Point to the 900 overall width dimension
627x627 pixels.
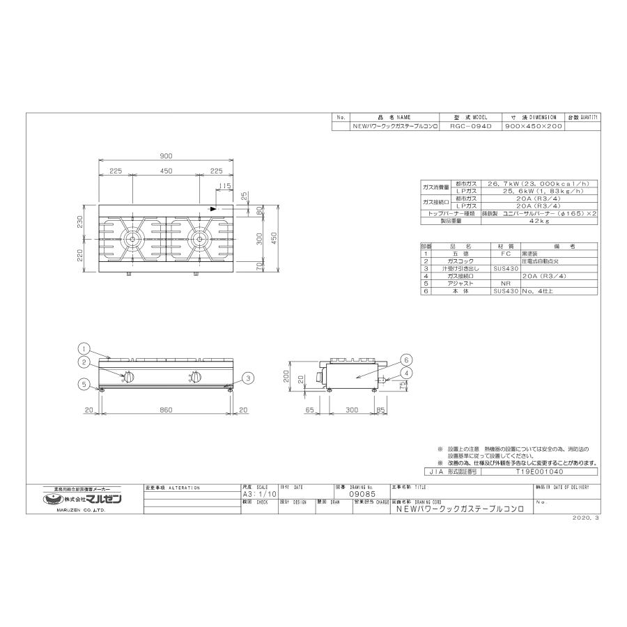(x=165, y=156)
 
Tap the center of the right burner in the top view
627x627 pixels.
(x=199, y=241)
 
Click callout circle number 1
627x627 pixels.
(x=82, y=348)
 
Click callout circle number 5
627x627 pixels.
(x=82, y=382)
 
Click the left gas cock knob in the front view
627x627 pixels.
(x=130, y=378)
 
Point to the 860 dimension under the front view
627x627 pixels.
(x=165, y=410)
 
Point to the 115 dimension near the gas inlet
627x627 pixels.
(x=224, y=185)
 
